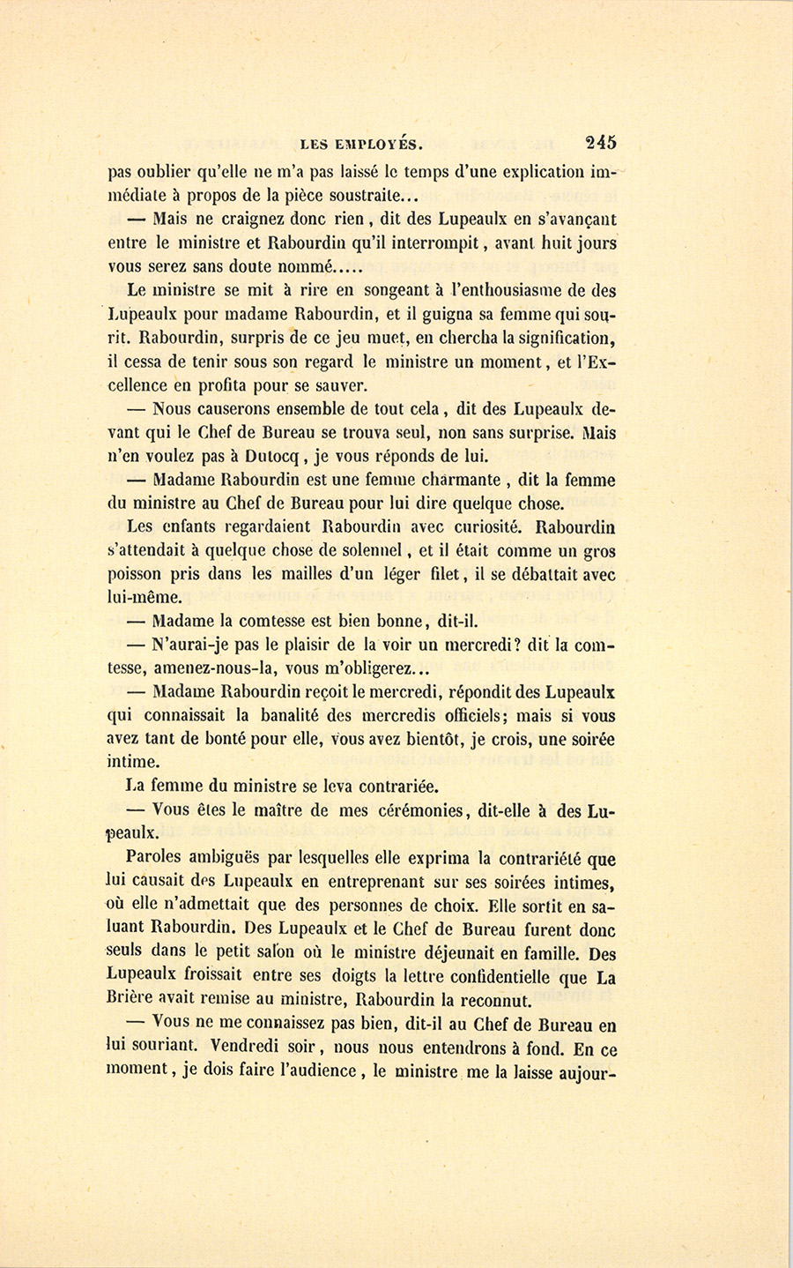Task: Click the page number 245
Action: tap(599, 143)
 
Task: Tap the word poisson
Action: tap(137, 575)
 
